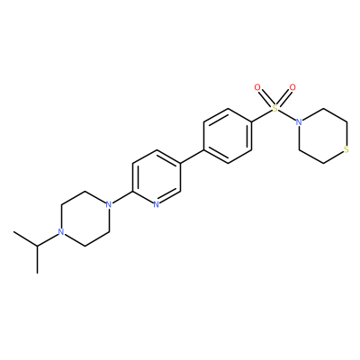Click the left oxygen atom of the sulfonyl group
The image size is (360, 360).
tap(257, 87)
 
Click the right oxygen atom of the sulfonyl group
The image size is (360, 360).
tap(292, 87)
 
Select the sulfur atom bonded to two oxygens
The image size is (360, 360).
tap(274, 108)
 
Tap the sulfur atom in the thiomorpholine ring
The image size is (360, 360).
tap(346, 149)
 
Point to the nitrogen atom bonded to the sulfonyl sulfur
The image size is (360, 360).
tap(299, 122)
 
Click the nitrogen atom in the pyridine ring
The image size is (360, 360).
tap(156, 204)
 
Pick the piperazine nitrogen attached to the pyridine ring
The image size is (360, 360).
tap(109, 204)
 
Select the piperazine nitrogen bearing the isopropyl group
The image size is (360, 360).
tap(61, 232)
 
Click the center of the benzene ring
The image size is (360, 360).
tap(228, 136)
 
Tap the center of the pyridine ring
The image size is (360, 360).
tap(157, 177)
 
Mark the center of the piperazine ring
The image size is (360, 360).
tap(85, 219)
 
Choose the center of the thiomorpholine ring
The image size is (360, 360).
tap(322, 136)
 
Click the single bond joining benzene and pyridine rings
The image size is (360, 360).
tap(192, 157)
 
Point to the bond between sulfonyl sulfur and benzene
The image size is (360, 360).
tap(262, 115)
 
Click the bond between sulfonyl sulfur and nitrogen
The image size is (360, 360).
tap(286, 115)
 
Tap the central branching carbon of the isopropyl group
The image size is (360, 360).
tap(38, 246)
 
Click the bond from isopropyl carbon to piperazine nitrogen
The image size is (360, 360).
tap(48, 240)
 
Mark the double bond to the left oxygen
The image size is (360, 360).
tap(265, 98)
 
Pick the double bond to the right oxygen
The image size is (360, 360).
tap(283, 98)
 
